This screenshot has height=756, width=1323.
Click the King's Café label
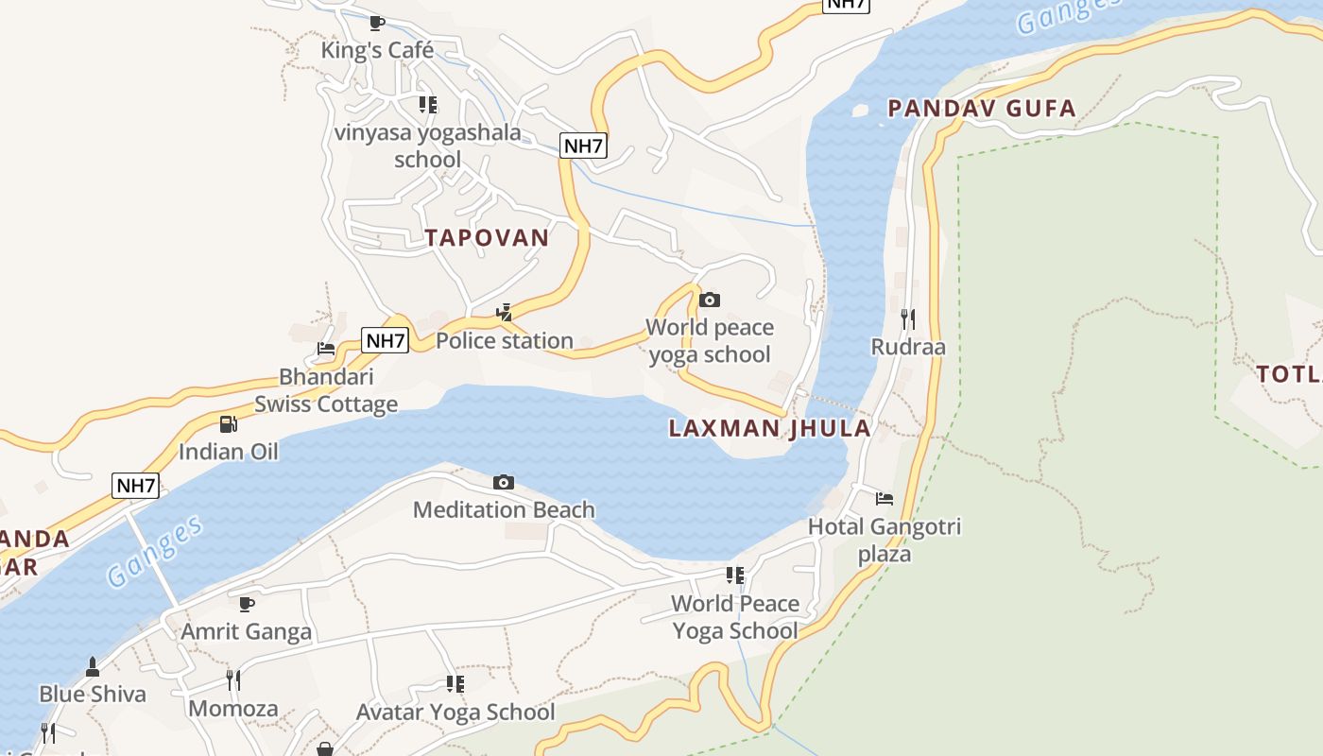pyautogui.click(x=377, y=50)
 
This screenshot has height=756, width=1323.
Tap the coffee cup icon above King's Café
pyautogui.click(x=377, y=23)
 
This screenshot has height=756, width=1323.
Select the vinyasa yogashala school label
pyautogui.click(x=427, y=146)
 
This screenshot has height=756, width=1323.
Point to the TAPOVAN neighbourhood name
pyautogui.click(x=487, y=237)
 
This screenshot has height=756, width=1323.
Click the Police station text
pyautogui.click(x=505, y=340)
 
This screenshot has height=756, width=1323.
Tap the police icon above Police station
pyautogui.click(x=505, y=313)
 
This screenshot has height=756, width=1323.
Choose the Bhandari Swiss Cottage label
pyautogui.click(x=326, y=390)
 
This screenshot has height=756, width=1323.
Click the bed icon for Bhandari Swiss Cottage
pyautogui.click(x=326, y=349)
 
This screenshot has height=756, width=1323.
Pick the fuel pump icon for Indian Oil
pyautogui.click(x=228, y=424)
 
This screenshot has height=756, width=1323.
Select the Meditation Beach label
pyautogui.click(x=504, y=509)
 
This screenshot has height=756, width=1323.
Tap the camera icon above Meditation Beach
pyautogui.click(x=504, y=483)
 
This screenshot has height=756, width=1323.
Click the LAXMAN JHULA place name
pyautogui.click(x=769, y=428)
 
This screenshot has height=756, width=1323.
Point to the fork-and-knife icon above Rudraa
pyautogui.click(x=907, y=318)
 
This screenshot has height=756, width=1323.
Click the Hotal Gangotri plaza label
pyautogui.click(x=884, y=540)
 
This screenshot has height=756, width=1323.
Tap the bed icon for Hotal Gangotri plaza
pyautogui.click(x=885, y=498)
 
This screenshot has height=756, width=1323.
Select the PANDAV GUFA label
pyautogui.click(x=982, y=109)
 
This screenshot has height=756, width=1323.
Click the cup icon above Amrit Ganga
pyautogui.click(x=247, y=604)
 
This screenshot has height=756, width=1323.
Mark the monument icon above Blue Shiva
pyautogui.click(x=93, y=666)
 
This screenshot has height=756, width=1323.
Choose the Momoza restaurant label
pyautogui.click(x=233, y=708)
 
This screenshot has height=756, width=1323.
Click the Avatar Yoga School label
pyautogui.click(x=455, y=712)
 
